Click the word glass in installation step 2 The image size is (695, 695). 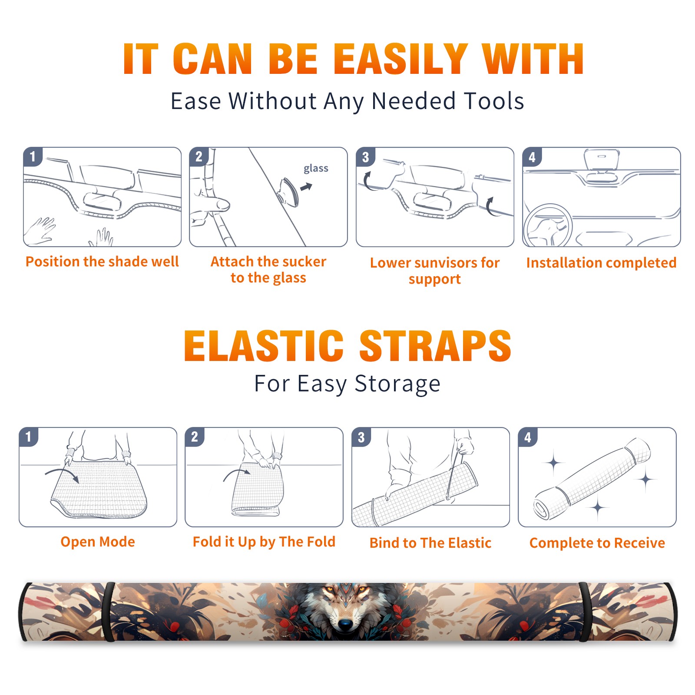click(316, 169)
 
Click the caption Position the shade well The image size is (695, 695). click(102, 261)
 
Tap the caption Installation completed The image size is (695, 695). click(601, 263)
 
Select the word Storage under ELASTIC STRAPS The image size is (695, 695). click(397, 384)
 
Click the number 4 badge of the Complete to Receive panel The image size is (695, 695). click(528, 437)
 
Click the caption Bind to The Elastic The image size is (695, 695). click(430, 543)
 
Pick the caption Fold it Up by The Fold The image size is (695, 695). click(264, 542)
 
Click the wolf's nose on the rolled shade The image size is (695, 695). click(345, 624)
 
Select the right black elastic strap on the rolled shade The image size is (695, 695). click(585, 612)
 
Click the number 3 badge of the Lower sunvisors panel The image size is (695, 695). click(365, 157)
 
